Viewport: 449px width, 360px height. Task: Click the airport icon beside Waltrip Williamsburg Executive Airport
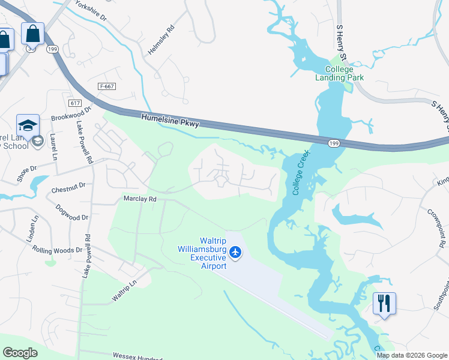pos(235,253)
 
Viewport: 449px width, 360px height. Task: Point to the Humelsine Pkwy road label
pos(170,121)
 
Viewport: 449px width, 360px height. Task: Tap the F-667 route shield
pos(107,86)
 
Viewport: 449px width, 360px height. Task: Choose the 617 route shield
pos(75,104)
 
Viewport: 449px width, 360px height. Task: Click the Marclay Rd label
pos(140,198)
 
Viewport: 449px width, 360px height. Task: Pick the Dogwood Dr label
pos(72,212)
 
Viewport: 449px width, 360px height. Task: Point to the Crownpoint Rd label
pos(436,227)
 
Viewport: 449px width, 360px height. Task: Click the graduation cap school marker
pos(28,125)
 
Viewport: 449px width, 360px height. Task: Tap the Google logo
pos(20,353)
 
